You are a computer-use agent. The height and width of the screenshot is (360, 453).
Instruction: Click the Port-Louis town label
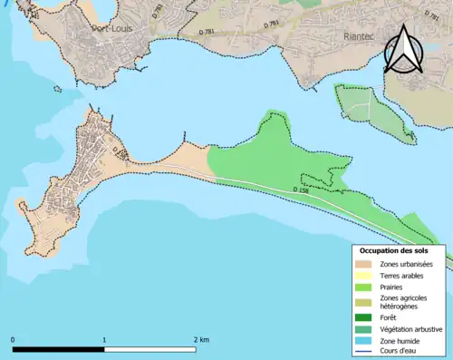pos(113,28)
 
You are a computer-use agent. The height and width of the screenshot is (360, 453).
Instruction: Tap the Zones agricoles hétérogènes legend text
pos(404,303)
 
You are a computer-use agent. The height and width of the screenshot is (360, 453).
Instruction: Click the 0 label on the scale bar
pos(14,339)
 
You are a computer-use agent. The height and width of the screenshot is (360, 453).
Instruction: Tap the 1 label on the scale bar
pos(104,339)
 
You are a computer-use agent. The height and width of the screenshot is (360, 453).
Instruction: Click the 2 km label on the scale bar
pos(202,339)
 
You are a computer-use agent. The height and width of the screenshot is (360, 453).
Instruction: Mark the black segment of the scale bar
pos(59,349)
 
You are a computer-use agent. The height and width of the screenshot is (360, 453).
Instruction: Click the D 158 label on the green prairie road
pos(302,190)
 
